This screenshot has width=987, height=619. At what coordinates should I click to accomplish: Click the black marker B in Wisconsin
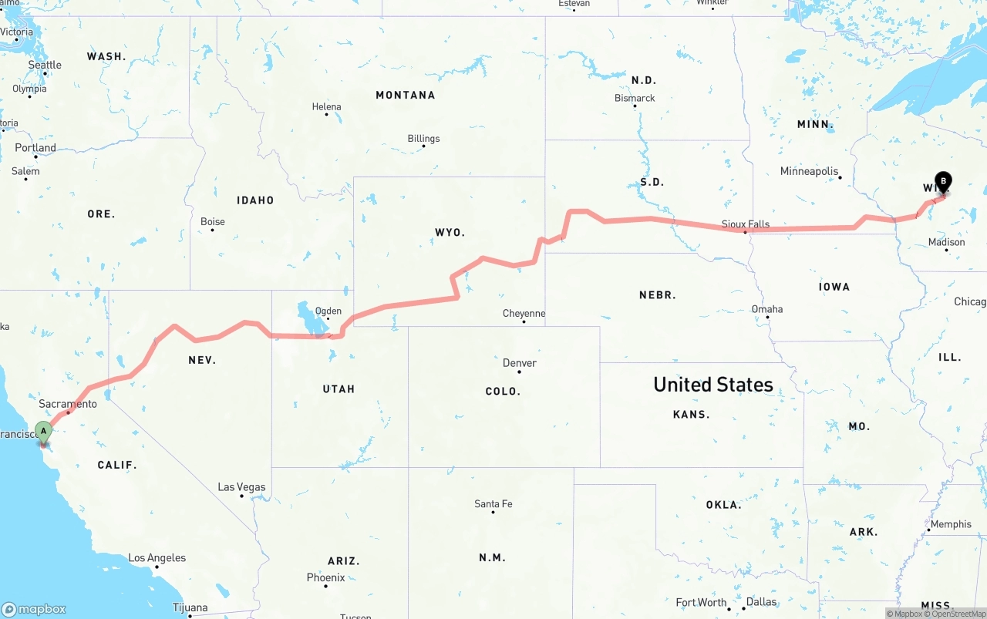click(943, 182)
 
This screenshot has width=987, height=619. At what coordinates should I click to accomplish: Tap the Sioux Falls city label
click(746, 224)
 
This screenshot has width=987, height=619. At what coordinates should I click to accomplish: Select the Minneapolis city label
click(809, 171)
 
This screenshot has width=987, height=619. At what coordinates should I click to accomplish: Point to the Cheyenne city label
click(524, 314)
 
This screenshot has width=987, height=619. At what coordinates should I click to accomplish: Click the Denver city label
click(519, 363)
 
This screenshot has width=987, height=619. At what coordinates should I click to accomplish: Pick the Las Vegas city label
click(241, 487)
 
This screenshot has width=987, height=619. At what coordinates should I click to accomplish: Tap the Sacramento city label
click(68, 404)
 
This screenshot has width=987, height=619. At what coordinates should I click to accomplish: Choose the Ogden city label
click(328, 311)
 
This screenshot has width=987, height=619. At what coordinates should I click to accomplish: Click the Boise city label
click(213, 222)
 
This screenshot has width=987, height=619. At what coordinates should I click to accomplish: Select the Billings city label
click(423, 139)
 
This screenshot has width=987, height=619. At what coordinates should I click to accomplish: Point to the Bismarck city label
click(635, 98)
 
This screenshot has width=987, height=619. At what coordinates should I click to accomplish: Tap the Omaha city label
click(767, 309)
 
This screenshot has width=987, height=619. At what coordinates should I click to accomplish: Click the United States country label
click(712, 385)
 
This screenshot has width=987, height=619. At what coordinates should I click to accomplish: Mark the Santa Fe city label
click(493, 504)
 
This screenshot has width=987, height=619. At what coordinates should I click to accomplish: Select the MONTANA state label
click(405, 96)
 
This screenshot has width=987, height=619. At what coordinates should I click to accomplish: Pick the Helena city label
click(326, 107)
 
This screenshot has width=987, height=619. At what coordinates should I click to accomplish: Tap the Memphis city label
click(951, 524)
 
